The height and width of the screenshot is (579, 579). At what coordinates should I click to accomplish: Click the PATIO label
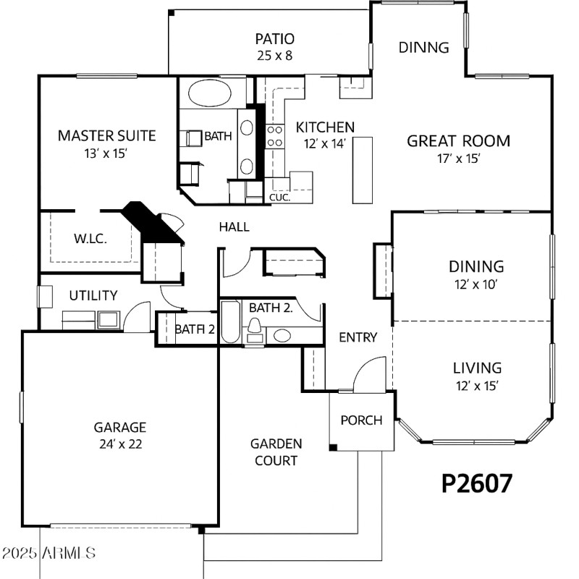point(274,39)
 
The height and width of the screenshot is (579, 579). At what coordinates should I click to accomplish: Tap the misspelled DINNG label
point(424,48)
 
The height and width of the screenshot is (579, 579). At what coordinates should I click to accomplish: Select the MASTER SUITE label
point(106,135)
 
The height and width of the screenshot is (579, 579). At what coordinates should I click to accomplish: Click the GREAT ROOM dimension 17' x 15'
point(457,159)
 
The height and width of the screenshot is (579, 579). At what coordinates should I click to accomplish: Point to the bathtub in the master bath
point(211,94)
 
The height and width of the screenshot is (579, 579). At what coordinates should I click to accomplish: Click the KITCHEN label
point(325,127)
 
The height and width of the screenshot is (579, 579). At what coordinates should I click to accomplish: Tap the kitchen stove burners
point(275,136)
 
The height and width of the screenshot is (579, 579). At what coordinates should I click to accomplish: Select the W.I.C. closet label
point(90,238)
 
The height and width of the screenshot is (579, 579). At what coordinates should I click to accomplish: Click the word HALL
point(234,227)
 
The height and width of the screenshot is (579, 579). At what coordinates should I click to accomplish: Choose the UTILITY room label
point(93,295)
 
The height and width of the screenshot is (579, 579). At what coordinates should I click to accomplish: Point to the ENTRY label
point(358,337)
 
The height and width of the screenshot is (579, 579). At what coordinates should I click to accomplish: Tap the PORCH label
point(361,420)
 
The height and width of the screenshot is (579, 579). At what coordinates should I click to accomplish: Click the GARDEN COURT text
point(276,452)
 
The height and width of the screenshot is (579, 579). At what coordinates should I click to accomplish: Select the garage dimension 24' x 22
point(119,444)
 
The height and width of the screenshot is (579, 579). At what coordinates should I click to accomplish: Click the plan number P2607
point(476,483)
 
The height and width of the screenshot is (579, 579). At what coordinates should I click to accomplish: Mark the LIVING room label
point(477,368)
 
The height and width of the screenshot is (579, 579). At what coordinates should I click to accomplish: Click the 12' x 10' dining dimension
point(476,284)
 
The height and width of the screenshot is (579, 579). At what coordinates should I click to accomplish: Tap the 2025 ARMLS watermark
point(49,554)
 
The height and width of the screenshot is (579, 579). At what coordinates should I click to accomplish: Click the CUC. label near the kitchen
point(279,197)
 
